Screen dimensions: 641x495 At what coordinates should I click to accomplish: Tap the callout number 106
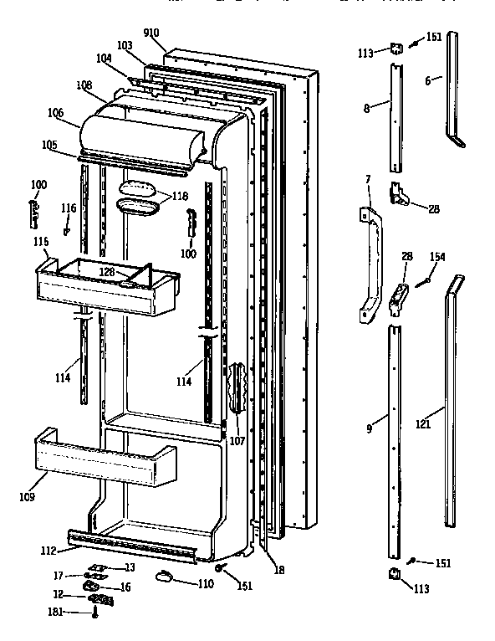tap(55, 112)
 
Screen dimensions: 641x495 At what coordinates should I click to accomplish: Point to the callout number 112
tap(48, 550)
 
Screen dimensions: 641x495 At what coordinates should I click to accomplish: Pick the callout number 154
tap(436, 257)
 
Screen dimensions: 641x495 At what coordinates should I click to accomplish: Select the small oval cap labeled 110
tap(163, 576)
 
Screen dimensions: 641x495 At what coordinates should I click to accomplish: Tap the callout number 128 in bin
tap(108, 271)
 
